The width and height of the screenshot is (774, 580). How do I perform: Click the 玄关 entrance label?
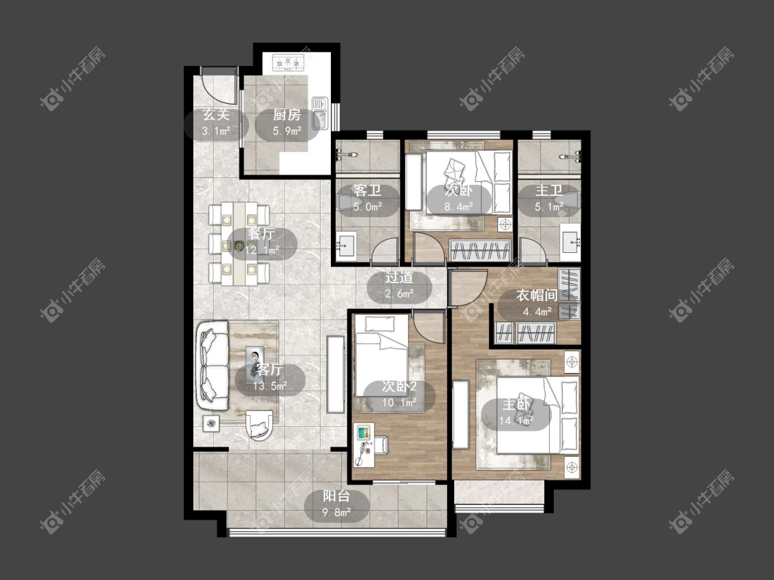tap(216, 115)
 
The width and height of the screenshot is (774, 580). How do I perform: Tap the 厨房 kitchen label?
tap(287, 115)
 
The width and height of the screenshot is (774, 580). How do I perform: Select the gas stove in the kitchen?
tap(287, 63)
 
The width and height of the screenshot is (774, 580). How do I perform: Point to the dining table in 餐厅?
tap(239, 244)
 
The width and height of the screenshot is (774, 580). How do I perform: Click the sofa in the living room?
tap(213, 365)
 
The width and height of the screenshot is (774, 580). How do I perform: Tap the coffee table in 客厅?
tap(255, 360)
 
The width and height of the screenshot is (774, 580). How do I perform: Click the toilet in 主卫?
tap(567, 200)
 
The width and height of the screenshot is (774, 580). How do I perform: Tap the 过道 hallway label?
tap(399, 278)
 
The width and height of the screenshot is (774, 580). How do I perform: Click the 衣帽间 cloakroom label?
tap(537, 295)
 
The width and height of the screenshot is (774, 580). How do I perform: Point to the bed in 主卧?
tap(537, 415)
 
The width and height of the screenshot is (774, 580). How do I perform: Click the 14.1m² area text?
tap(516, 421)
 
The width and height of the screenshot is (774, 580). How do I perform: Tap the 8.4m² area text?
tap(459, 207)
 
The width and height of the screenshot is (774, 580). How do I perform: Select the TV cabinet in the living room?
tap(336, 374)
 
